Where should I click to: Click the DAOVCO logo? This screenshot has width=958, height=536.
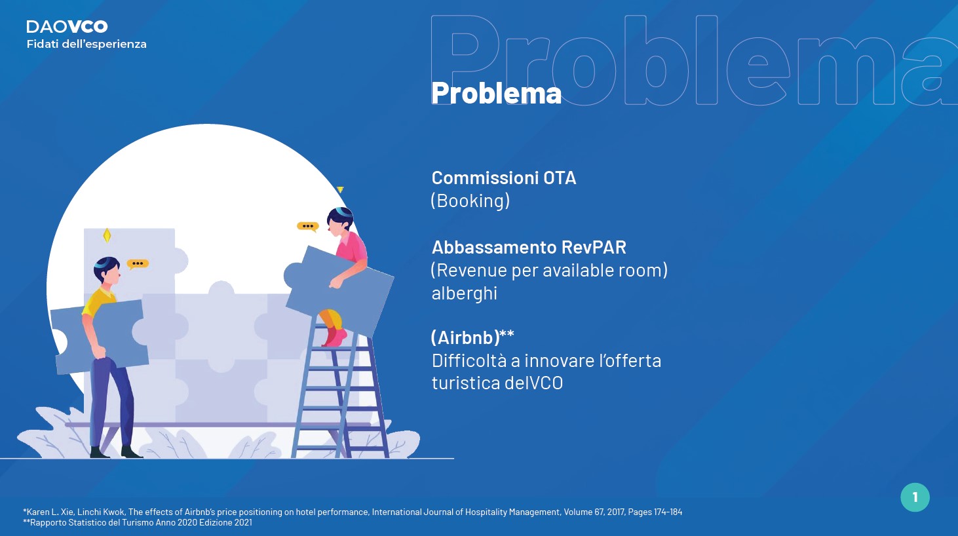[67, 27]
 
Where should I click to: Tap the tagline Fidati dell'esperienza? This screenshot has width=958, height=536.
[86, 44]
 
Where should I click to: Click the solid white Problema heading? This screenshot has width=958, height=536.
[496, 93]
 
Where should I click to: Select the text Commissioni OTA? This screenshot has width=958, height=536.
[504, 178]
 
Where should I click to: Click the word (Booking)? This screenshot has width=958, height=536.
[470, 201]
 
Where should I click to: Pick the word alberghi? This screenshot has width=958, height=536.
[465, 294]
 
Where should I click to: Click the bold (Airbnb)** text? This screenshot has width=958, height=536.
[472, 337]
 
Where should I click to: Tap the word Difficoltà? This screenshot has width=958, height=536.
[469, 360]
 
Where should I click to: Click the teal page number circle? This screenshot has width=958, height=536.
[915, 497]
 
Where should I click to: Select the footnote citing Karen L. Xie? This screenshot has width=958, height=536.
[353, 512]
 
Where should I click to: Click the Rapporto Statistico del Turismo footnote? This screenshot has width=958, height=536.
[138, 522]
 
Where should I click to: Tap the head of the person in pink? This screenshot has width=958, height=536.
[340, 221]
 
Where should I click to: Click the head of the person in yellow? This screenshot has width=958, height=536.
[107, 270]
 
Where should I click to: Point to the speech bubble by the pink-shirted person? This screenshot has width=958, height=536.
[308, 226]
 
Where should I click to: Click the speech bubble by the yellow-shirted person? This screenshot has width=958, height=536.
[138, 264]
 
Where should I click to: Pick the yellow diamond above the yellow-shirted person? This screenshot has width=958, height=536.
[107, 235]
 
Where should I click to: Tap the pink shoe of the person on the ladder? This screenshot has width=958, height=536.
[335, 338]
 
